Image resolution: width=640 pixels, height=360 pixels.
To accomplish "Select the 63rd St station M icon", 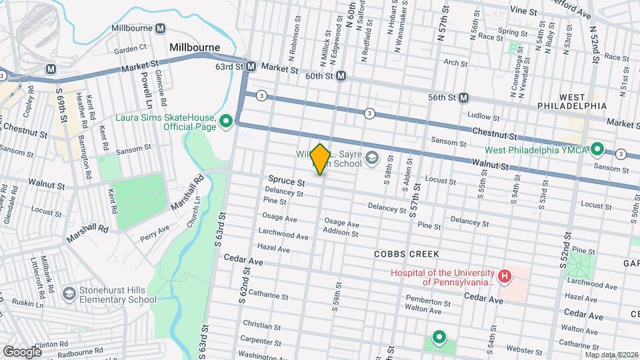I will click(x=251, y=67).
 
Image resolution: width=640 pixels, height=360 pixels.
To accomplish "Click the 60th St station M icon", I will click(x=341, y=76).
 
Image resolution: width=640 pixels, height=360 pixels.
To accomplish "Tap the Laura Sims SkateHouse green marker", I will click(x=225, y=121).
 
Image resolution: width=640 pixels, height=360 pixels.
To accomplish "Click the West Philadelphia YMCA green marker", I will click(x=597, y=149).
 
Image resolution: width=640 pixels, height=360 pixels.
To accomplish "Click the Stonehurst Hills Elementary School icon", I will click(x=69, y=294).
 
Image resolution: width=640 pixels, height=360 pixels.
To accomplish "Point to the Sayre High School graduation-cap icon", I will click(x=371, y=159).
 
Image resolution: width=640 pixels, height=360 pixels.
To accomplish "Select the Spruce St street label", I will click(x=287, y=181).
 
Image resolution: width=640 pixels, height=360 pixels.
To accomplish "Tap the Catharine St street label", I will click(x=268, y=294).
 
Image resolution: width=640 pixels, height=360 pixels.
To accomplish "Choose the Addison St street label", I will click(x=340, y=233).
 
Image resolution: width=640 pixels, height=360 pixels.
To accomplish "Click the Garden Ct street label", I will click(x=130, y=49).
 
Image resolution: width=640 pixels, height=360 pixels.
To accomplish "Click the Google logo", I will click(x=22, y=351).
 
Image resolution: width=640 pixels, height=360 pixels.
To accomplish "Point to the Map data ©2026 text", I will click(x=611, y=355).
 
